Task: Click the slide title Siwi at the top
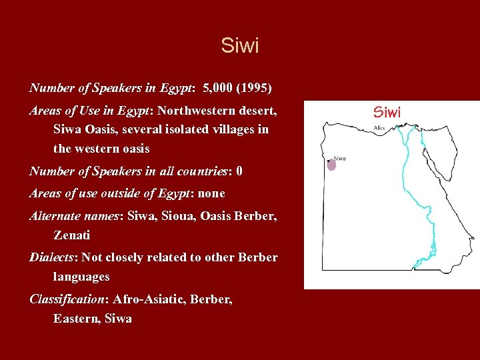click(240, 46)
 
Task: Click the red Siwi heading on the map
click(387, 112)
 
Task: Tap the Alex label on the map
click(379, 127)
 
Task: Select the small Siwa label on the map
click(339, 158)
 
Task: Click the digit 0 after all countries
click(239, 171)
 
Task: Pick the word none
click(212, 193)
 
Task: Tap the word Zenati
click(72, 235)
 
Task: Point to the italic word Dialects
click(53, 257)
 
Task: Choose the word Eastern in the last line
click(76, 319)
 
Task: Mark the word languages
click(81, 276)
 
